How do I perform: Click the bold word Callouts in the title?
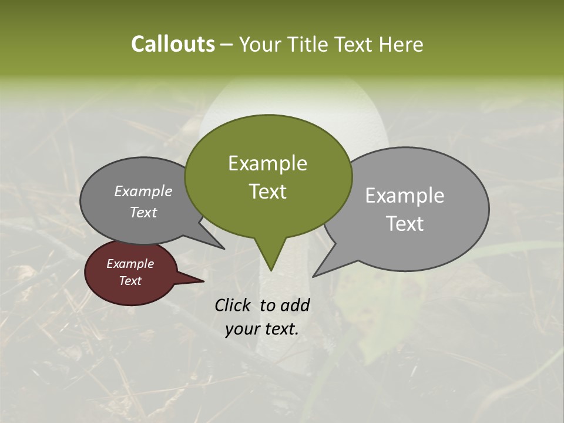[173, 44]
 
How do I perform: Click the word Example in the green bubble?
[267, 163]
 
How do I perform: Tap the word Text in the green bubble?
[267, 192]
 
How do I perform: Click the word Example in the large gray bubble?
[405, 196]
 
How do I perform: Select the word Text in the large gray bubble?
[405, 224]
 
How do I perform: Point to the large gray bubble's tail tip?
[314, 276]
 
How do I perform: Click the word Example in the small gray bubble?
[143, 192]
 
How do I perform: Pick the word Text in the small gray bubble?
[143, 213]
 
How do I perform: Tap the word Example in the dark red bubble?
[130, 264]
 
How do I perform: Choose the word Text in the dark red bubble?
[130, 281]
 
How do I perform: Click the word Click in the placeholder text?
[234, 305]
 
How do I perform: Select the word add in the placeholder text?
[294, 305]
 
